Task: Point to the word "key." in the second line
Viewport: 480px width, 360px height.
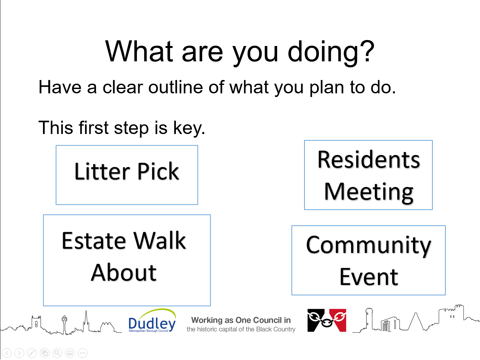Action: [189, 128]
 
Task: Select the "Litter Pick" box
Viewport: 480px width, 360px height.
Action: [127, 175]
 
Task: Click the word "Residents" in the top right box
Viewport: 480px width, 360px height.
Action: [368, 160]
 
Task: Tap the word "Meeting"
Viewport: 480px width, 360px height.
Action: [369, 192]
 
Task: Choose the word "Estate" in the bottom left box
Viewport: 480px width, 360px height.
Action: [94, 241]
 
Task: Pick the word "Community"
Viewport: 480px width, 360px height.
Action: [368, 246]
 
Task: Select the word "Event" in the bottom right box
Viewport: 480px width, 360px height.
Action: [369, 277]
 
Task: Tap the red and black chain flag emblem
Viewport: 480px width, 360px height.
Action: [327, 320]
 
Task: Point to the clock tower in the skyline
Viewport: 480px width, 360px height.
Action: [64, 324]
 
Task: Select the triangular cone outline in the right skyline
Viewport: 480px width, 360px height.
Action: [416, 321]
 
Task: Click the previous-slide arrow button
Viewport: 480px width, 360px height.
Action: [7, 353]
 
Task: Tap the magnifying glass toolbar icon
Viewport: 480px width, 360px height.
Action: [57, 353]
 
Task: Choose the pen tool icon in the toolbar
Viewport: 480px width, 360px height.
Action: [32, 353]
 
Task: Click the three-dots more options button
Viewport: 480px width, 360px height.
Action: [83, 353]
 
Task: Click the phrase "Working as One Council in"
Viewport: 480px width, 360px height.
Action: [241, 320]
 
